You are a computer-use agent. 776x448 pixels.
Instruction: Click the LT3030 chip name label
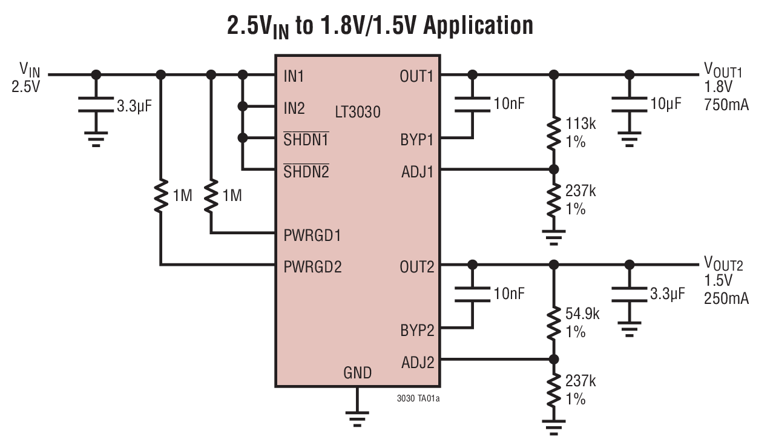(x=358, y=112)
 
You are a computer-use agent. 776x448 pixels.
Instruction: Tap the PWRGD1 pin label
(x=312, y=235)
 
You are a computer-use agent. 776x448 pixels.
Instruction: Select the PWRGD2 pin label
(x=312, y=266)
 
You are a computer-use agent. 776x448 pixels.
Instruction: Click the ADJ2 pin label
(x=418, y=362)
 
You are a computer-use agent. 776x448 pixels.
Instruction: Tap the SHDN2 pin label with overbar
(x=306, y=171)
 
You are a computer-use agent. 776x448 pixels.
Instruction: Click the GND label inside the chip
(x=357, y=373)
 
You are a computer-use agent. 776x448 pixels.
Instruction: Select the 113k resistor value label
(x=580, y=124)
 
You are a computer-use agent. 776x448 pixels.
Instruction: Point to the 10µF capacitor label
(x=665, y=104)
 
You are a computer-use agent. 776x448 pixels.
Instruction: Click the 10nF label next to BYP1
(x=508, y=104)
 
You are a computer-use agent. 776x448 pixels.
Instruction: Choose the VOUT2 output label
(x=723, y=264)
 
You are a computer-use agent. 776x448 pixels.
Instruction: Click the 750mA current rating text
(x=726, y=105)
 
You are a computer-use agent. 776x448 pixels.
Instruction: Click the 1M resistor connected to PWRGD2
(x=161, y=196)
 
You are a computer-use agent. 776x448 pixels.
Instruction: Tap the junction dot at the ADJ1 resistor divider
(x=553, y=170)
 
